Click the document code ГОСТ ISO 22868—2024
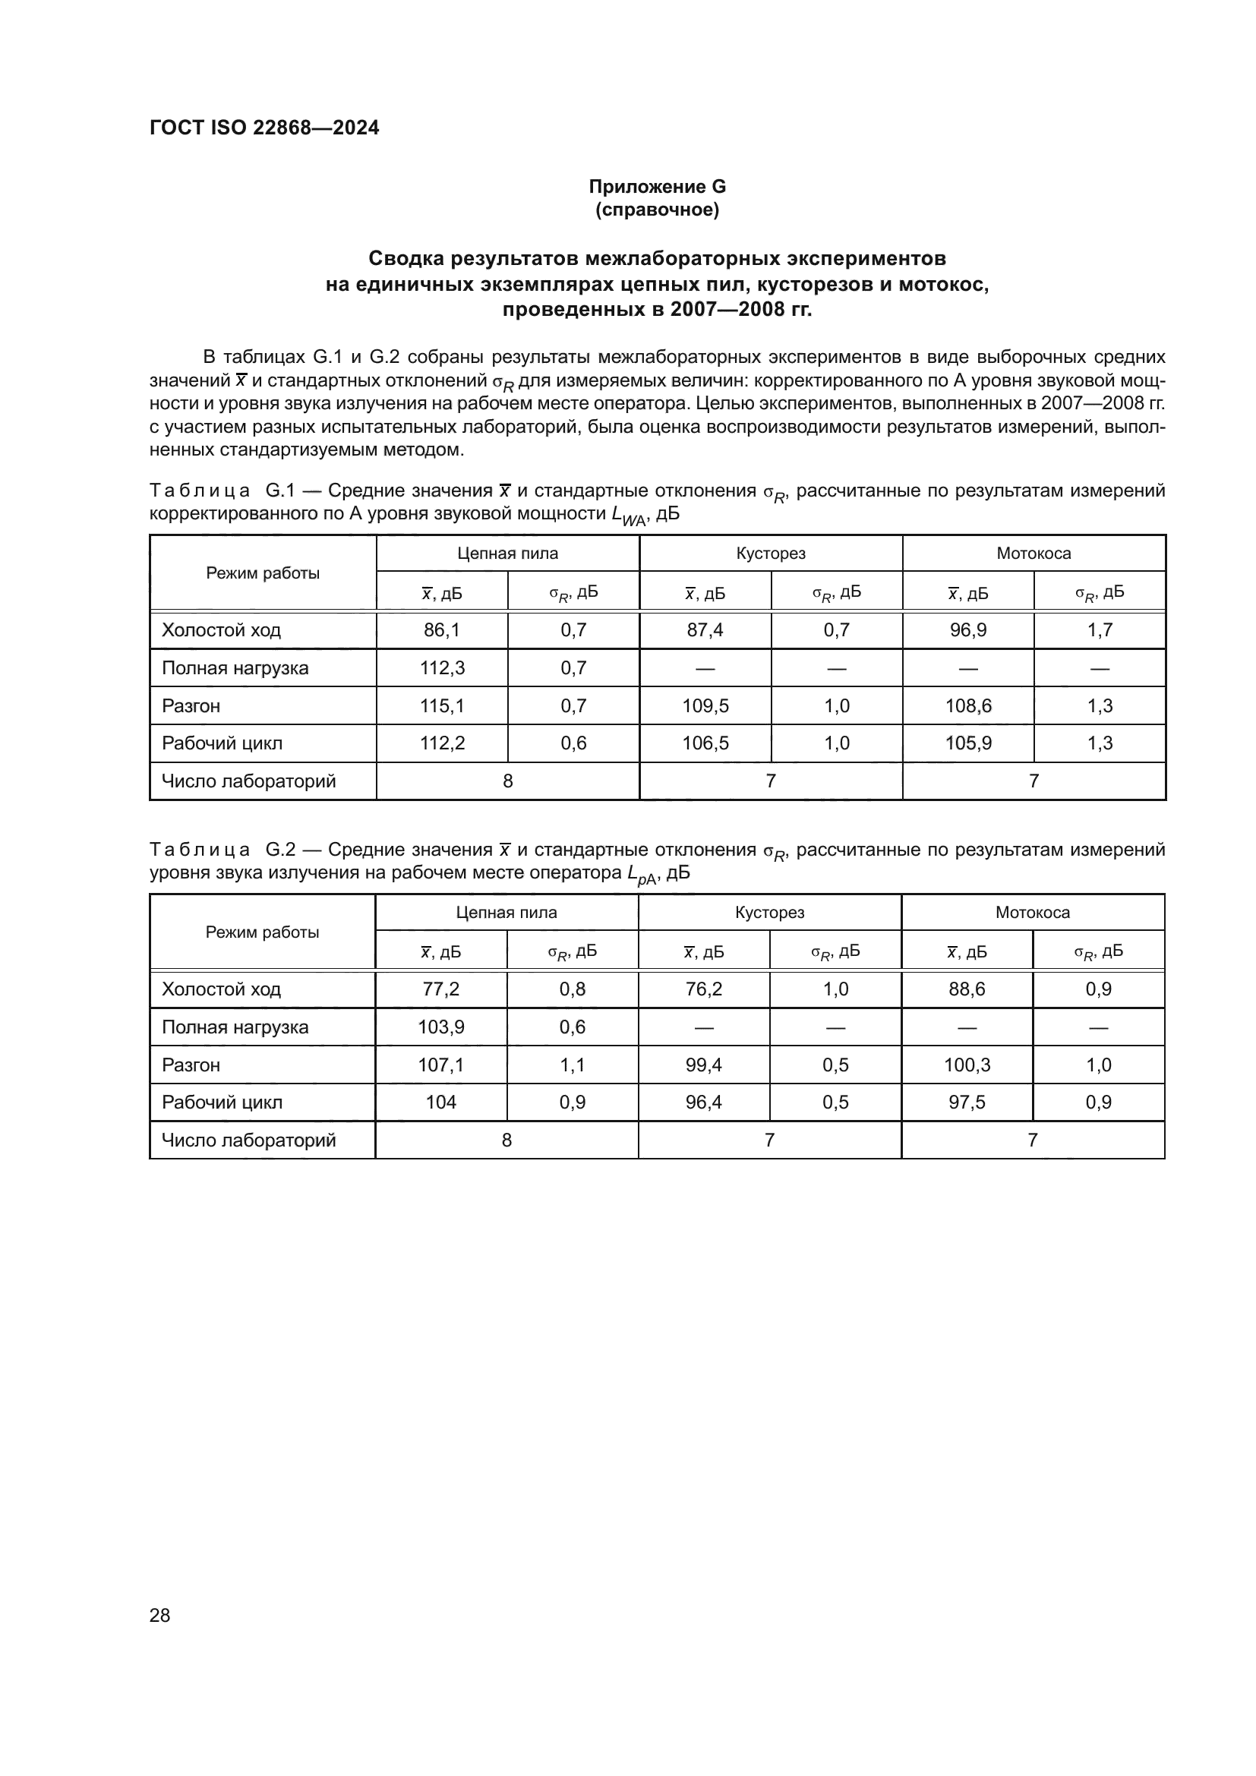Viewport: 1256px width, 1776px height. [x=264, y=128]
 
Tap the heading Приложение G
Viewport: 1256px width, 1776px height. [x=657, y=187]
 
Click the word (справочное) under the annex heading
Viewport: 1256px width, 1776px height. [x=657, y=210]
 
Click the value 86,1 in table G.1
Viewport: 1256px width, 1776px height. [x=442, y=629]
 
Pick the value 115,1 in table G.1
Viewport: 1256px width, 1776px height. [x=442, y=705]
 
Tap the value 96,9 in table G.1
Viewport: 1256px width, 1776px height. [x=967, y=629]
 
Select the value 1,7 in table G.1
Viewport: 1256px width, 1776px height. [x=1099, y=629]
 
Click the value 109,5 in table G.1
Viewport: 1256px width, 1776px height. [x=705, y=705]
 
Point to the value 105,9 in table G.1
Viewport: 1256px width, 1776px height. [x=967, y=743]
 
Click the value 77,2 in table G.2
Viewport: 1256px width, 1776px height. [x=441, y=989]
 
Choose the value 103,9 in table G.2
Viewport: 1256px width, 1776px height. [x=441, y=1027]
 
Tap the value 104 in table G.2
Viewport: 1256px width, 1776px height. [x=441, y=1103]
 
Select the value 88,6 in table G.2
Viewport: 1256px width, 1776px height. [x=967, y=989]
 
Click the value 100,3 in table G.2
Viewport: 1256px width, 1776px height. [x=967, y=1065]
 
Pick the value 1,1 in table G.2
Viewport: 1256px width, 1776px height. [x=573, y=1065]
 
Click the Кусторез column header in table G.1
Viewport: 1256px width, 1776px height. [x=770, y=553]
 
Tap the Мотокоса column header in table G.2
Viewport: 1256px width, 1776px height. [x=1033, y=912]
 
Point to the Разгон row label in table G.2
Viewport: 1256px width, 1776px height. [x=191, y=1065]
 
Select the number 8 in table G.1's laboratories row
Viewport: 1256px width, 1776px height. [x=507, y=781]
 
